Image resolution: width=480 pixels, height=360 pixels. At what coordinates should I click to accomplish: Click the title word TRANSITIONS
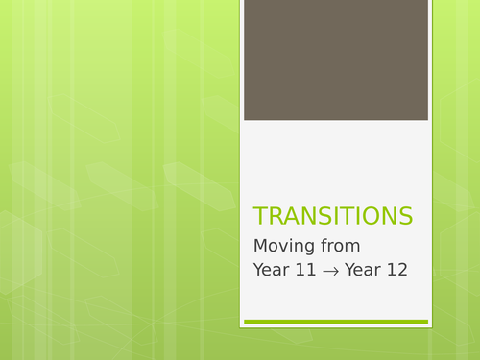click(x=333, y=216)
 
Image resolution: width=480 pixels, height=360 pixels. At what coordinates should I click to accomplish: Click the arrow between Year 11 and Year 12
click(x=331, y=271)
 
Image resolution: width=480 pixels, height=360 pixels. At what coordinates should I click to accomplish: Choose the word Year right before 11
click(x=272, y=270)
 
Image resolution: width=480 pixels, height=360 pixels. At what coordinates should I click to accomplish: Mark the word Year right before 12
click(x=363, y=270)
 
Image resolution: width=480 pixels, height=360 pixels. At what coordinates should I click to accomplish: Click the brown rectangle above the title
click(x=335, y=60)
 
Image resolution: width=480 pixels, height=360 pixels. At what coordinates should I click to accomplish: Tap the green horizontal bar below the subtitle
click(x=335, y=322)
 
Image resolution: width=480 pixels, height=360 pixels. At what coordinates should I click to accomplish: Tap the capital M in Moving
click(x=261, y=245)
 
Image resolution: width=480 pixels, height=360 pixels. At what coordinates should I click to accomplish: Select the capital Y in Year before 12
click(x=349, y=270)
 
